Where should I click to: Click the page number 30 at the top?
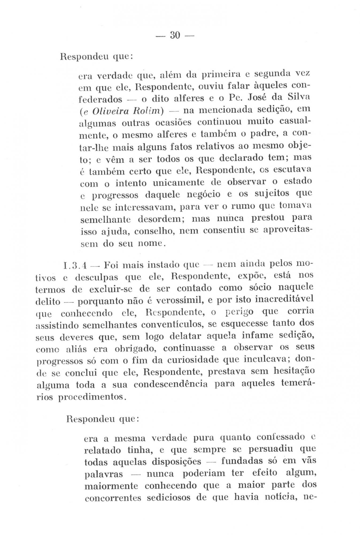point(175,35)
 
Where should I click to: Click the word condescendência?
point(171,385)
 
